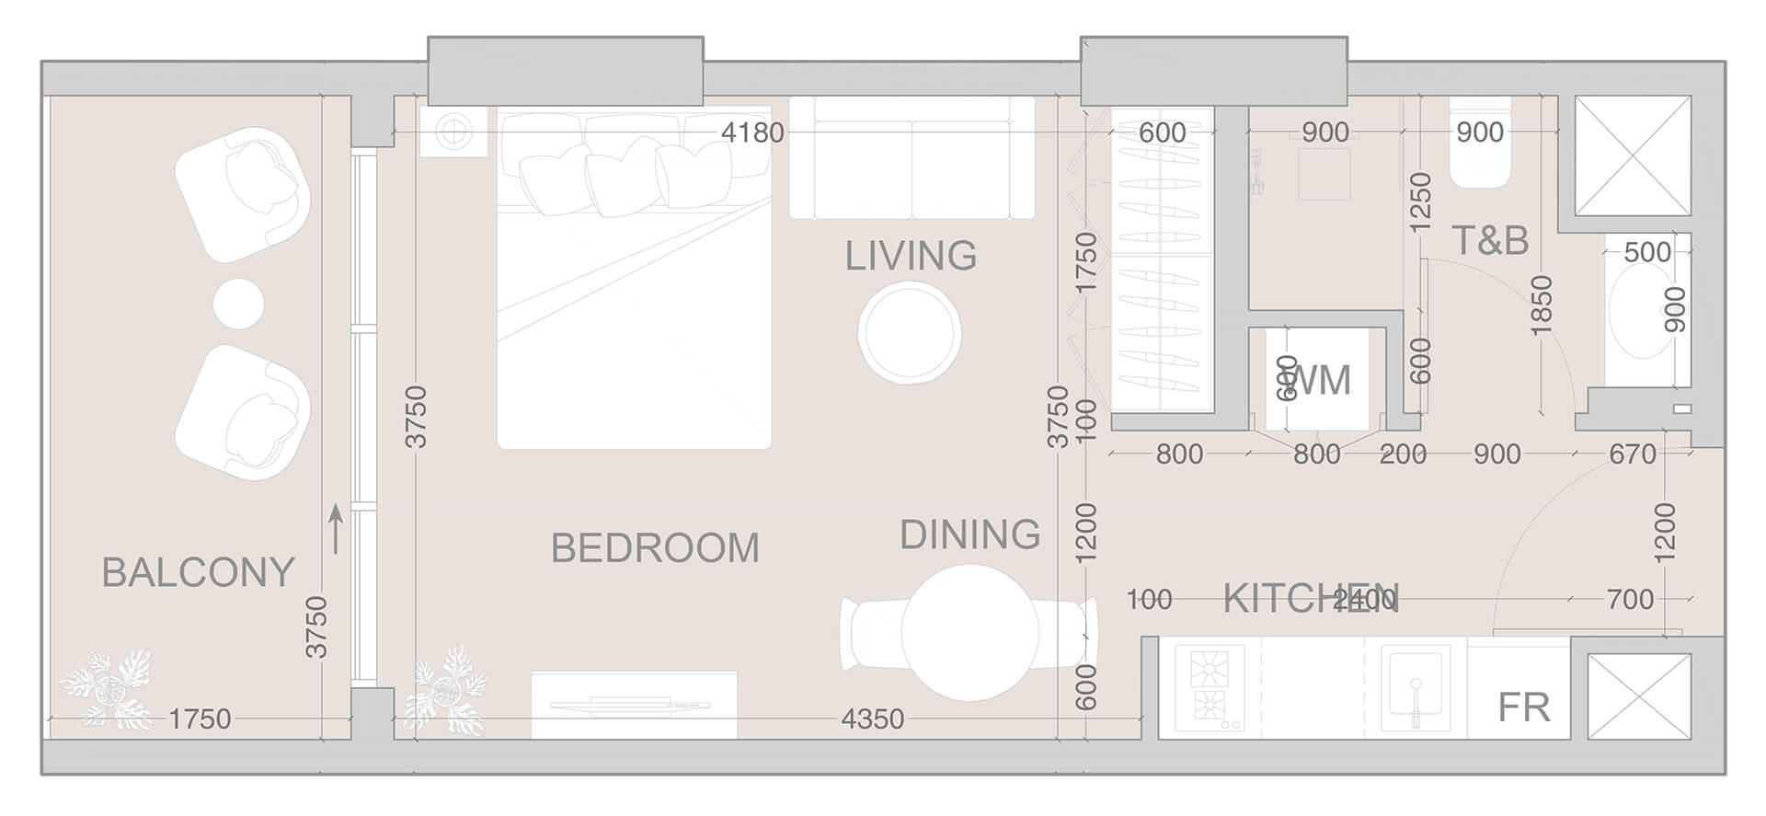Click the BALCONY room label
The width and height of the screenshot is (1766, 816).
[x=198, y=572]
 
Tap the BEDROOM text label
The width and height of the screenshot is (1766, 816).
[x=655, y=548]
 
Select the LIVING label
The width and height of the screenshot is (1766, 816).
[x=911, y=256]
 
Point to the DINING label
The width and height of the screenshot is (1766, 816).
[x=969, y=534]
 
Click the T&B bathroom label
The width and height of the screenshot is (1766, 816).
[x=1490, y=240]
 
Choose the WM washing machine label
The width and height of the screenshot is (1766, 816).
[x=1321, y=380]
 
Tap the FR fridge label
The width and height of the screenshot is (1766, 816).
[x=1523, y=707]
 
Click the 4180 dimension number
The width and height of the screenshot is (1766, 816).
[x=752, y=132]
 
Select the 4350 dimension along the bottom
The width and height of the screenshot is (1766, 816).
[x=872, y=718]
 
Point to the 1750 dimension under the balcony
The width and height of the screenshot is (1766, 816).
[x=200, y=718]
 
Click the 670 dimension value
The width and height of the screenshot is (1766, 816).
[x=1633, y=454]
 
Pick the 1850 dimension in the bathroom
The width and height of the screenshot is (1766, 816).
[x=1542, y=304]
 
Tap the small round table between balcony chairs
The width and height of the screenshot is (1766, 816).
[x=238, y=304]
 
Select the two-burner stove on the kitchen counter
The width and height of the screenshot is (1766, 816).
[x=1209, y=687]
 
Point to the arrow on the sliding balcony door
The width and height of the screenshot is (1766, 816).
[x=336, y=528]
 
